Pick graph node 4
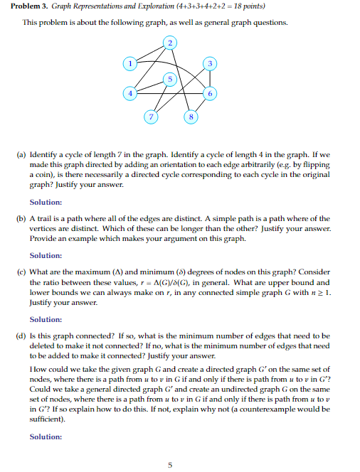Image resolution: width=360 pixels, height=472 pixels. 129,93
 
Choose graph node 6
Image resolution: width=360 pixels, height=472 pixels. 209,94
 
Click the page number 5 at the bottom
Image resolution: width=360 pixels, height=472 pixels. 169,465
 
